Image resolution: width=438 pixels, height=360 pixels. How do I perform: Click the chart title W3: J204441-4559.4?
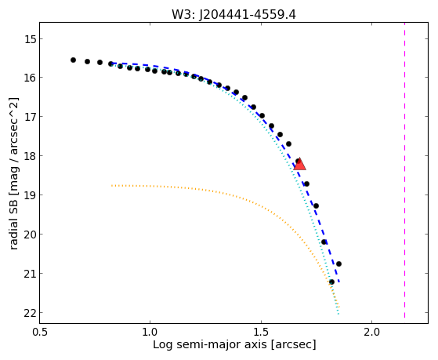233,14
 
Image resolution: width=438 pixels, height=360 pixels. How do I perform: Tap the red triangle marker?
300,165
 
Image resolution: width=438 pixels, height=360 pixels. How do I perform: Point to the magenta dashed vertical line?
404,170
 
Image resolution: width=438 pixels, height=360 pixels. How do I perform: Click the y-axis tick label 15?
30,39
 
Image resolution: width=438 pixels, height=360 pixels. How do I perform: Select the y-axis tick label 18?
30,156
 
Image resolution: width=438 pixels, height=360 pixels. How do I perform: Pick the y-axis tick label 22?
30,313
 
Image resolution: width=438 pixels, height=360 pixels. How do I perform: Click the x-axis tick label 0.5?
40,332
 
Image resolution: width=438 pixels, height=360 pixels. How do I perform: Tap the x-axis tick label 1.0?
150,332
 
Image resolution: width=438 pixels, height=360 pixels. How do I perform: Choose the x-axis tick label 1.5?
261,332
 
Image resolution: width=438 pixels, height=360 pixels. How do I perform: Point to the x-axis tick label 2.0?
371,332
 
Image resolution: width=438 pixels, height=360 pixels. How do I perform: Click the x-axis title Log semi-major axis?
210,345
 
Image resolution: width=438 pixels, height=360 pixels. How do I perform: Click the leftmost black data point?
73,60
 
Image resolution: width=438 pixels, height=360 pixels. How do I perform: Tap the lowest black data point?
331,282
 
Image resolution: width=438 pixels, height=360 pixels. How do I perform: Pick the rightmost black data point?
338,264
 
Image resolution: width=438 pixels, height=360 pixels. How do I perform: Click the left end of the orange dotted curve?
112,185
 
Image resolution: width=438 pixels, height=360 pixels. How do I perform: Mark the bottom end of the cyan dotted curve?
338,315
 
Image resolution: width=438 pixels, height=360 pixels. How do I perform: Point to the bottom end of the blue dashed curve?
339,282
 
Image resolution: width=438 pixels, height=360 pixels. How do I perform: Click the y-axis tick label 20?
30,235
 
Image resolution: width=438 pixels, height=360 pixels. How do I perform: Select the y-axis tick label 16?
30,78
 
